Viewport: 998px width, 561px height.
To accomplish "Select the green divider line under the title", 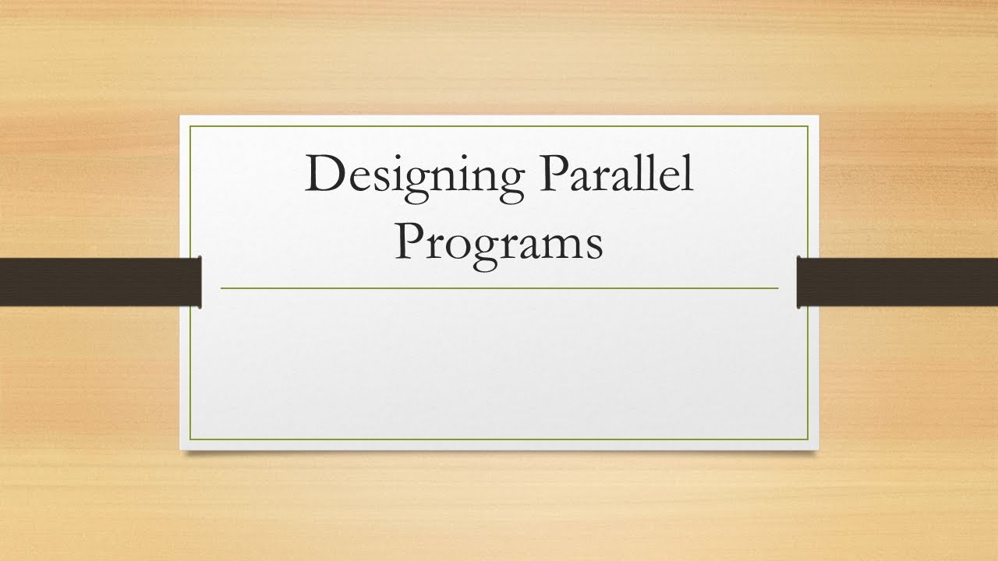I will tap(499, 288).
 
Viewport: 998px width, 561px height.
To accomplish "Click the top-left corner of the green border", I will tap(190, 126).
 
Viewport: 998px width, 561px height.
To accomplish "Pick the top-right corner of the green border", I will tap(809, 126).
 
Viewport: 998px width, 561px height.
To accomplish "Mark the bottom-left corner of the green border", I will tap(190, 440).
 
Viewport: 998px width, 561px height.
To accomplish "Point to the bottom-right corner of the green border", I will tap(809, 440).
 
